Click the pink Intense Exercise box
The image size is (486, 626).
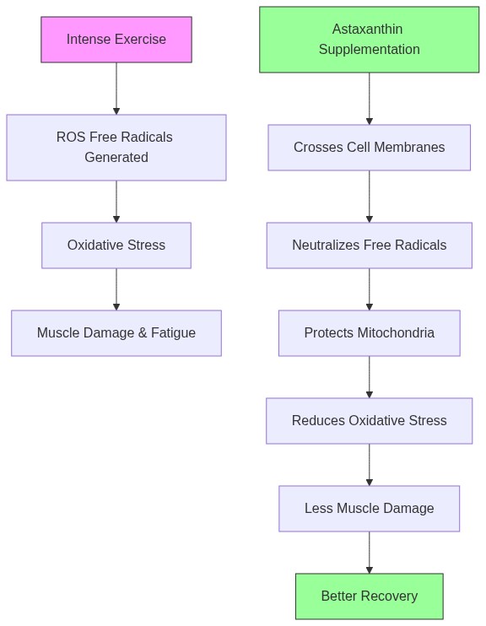[116, 40]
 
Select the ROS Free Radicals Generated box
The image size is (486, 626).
[116, 148]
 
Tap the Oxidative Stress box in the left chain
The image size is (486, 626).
[116, 246]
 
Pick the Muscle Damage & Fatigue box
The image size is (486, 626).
[116, 333]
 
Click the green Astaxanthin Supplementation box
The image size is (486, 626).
[369, 40]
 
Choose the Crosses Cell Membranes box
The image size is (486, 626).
[369, 148]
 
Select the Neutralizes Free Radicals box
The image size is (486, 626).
[369, 246]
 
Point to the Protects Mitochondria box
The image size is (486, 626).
[369, 333]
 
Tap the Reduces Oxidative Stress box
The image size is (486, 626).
[369, 421]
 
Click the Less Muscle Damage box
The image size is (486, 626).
[369, 509]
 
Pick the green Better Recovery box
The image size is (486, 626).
[369, 596]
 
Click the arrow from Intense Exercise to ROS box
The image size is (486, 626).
[116, 89]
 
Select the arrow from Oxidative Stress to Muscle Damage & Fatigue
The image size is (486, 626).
[116, 289]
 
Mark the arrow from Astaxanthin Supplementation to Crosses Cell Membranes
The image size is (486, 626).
[369, 99]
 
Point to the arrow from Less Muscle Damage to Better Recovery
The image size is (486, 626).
[369, 553]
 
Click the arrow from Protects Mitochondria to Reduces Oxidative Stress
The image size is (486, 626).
[369, 377]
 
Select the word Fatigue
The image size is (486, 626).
[173, 333]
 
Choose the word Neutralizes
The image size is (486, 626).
[326, 246]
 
